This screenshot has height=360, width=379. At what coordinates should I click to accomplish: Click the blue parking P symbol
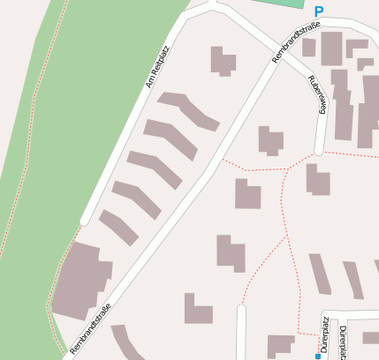(x=319, y=11)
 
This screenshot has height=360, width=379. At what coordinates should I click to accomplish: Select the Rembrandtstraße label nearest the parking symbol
(x=296, y=43)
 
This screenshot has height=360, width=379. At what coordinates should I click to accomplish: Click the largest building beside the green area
(x=80, y=281)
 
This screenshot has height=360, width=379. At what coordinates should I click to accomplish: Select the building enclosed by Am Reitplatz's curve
(x=223, y=61)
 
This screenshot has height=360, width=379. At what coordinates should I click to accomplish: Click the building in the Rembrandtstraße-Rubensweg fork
(x=269, y=140)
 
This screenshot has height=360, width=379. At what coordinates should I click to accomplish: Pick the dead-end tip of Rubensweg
(x=320, y=149)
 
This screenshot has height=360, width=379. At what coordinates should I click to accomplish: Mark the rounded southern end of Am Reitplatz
(x=85, y=220)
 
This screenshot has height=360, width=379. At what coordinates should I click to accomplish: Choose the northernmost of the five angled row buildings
(x=188, y=110)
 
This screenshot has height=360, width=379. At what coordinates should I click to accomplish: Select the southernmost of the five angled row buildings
(x=118, y=228)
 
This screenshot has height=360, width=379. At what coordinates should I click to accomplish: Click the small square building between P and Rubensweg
(x=308, y=48)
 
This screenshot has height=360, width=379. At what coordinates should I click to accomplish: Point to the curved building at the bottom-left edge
(x=128, y=344)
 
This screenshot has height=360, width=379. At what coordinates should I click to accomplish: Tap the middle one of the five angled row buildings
(x=154, y=169)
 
